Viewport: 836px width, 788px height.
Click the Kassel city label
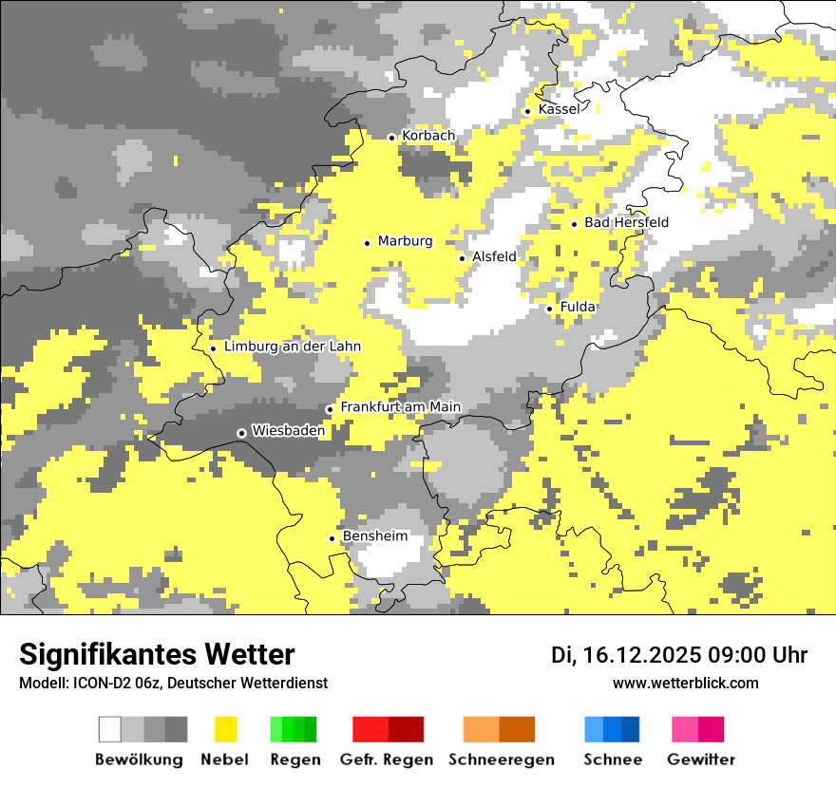tap(559, 110)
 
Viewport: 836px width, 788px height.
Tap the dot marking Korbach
tap(391, 138)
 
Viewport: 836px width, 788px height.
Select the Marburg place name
tap(405, 241)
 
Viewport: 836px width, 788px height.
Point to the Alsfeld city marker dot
tap(463, 258)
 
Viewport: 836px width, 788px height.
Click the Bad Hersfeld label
tap(626, 222)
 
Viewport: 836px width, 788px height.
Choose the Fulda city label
tap(578, 308)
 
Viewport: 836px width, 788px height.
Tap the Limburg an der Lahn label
tap(293, 347)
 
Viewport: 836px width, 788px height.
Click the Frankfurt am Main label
tap(400, 407)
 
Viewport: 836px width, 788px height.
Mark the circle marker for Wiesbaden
tap(242, 433)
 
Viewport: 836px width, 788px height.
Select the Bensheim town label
tap(375, 536)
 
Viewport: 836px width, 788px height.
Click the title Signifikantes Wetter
tap(157, 655)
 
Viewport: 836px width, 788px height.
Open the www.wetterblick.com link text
tap(686, 683)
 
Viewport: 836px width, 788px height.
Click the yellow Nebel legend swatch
tap(226, 729)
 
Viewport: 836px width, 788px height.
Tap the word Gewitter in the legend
tap(701, 760)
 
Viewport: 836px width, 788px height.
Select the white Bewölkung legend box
tap(110, 729)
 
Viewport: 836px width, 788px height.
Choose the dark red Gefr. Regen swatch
tap(406, 729)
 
